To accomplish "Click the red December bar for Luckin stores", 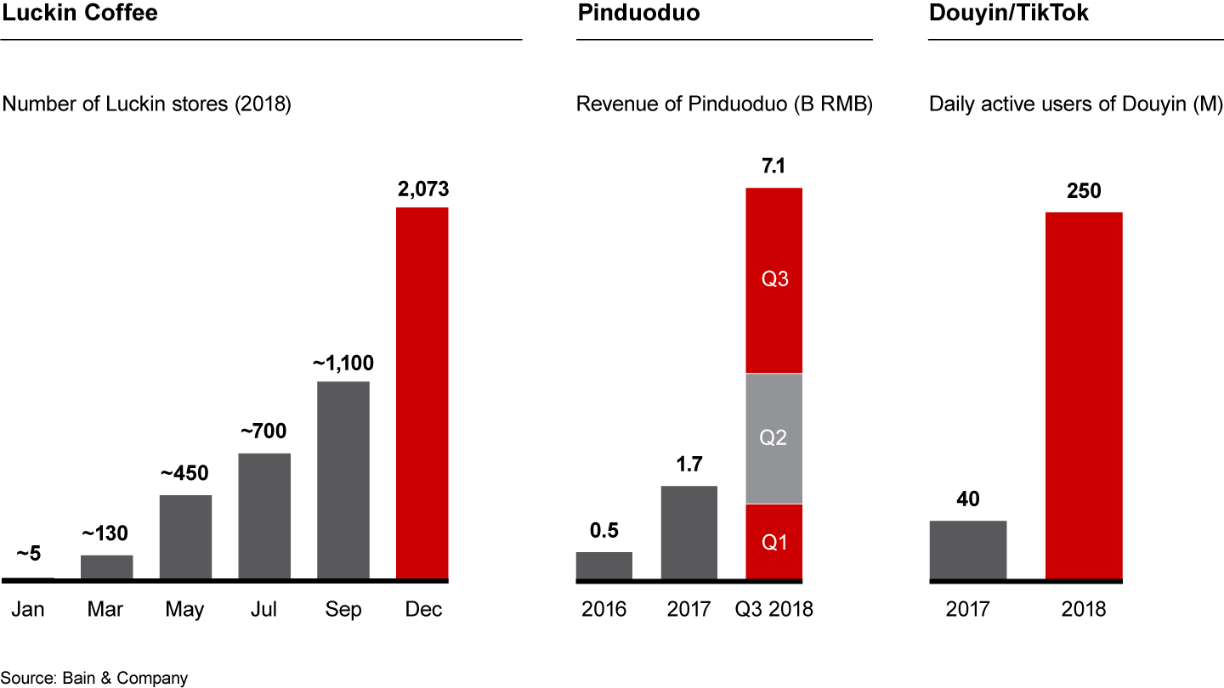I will [x=422, y=392].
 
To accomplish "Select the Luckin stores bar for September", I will [x=343, y=480].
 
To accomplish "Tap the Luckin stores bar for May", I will [x=186, y=537].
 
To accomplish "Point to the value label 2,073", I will [x=422, y=189].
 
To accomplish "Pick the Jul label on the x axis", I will [x=264, y=610].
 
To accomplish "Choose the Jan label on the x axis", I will [x=29, y=610].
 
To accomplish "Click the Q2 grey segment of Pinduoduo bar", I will [x=773, y=438].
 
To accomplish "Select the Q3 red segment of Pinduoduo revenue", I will [x=773, y=279].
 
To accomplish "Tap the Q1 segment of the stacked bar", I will [x=773, y=542].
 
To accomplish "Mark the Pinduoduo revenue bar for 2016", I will [x=603, y=566].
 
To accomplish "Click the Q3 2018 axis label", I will [x=773, y=610].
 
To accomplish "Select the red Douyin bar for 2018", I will [x=1084, y=396].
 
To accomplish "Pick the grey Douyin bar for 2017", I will [x=968, y=550].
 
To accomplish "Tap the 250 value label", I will [x=1084, y=192].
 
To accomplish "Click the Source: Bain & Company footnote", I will [x=93, y=678].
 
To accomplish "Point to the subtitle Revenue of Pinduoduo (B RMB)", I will [x=724, y=104].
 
